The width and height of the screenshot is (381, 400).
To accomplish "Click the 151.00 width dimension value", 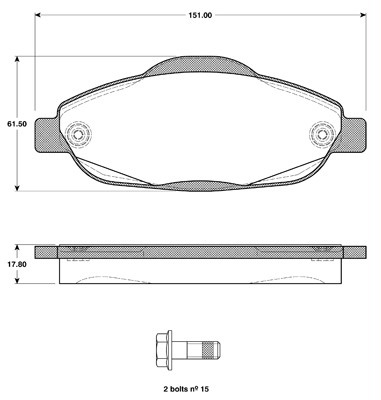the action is pyautogui.click(x=200, y=15).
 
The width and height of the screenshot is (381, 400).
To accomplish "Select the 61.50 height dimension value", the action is pyautogui.click(x=16, y=124).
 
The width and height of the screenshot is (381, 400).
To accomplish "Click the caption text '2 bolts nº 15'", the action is pyautogui.click(x=187, y=389).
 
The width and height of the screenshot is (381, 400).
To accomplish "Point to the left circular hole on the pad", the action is pyautogui.click(x=79, y=135).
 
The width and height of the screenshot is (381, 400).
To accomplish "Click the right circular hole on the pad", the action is pyautogui.click(x=322, y=135).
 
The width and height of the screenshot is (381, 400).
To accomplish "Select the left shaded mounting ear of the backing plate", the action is pyautogui.click(x=47, y=135).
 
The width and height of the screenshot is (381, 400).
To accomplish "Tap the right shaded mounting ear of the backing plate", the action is pyautogui.click(x=354, y=135).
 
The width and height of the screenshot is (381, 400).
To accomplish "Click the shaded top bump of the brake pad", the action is pyautogui.click(x=200, y=65).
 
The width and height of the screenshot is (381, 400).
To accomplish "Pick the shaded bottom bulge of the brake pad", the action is pyautogui.click(x=200, y=186).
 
